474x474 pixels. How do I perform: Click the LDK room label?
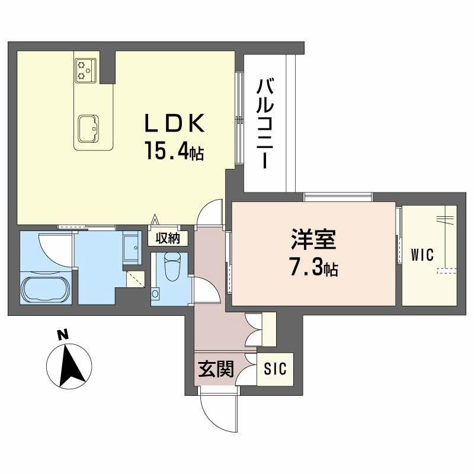(x=175, y=124)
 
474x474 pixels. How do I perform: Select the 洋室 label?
(x=313, y=241)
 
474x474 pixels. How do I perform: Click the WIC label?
(x=422, y=255)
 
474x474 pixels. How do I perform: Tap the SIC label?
(x=276, y=369)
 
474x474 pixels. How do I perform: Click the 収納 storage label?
(x=168, y=238)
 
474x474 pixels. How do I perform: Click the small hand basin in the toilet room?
(x=156, y=293)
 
